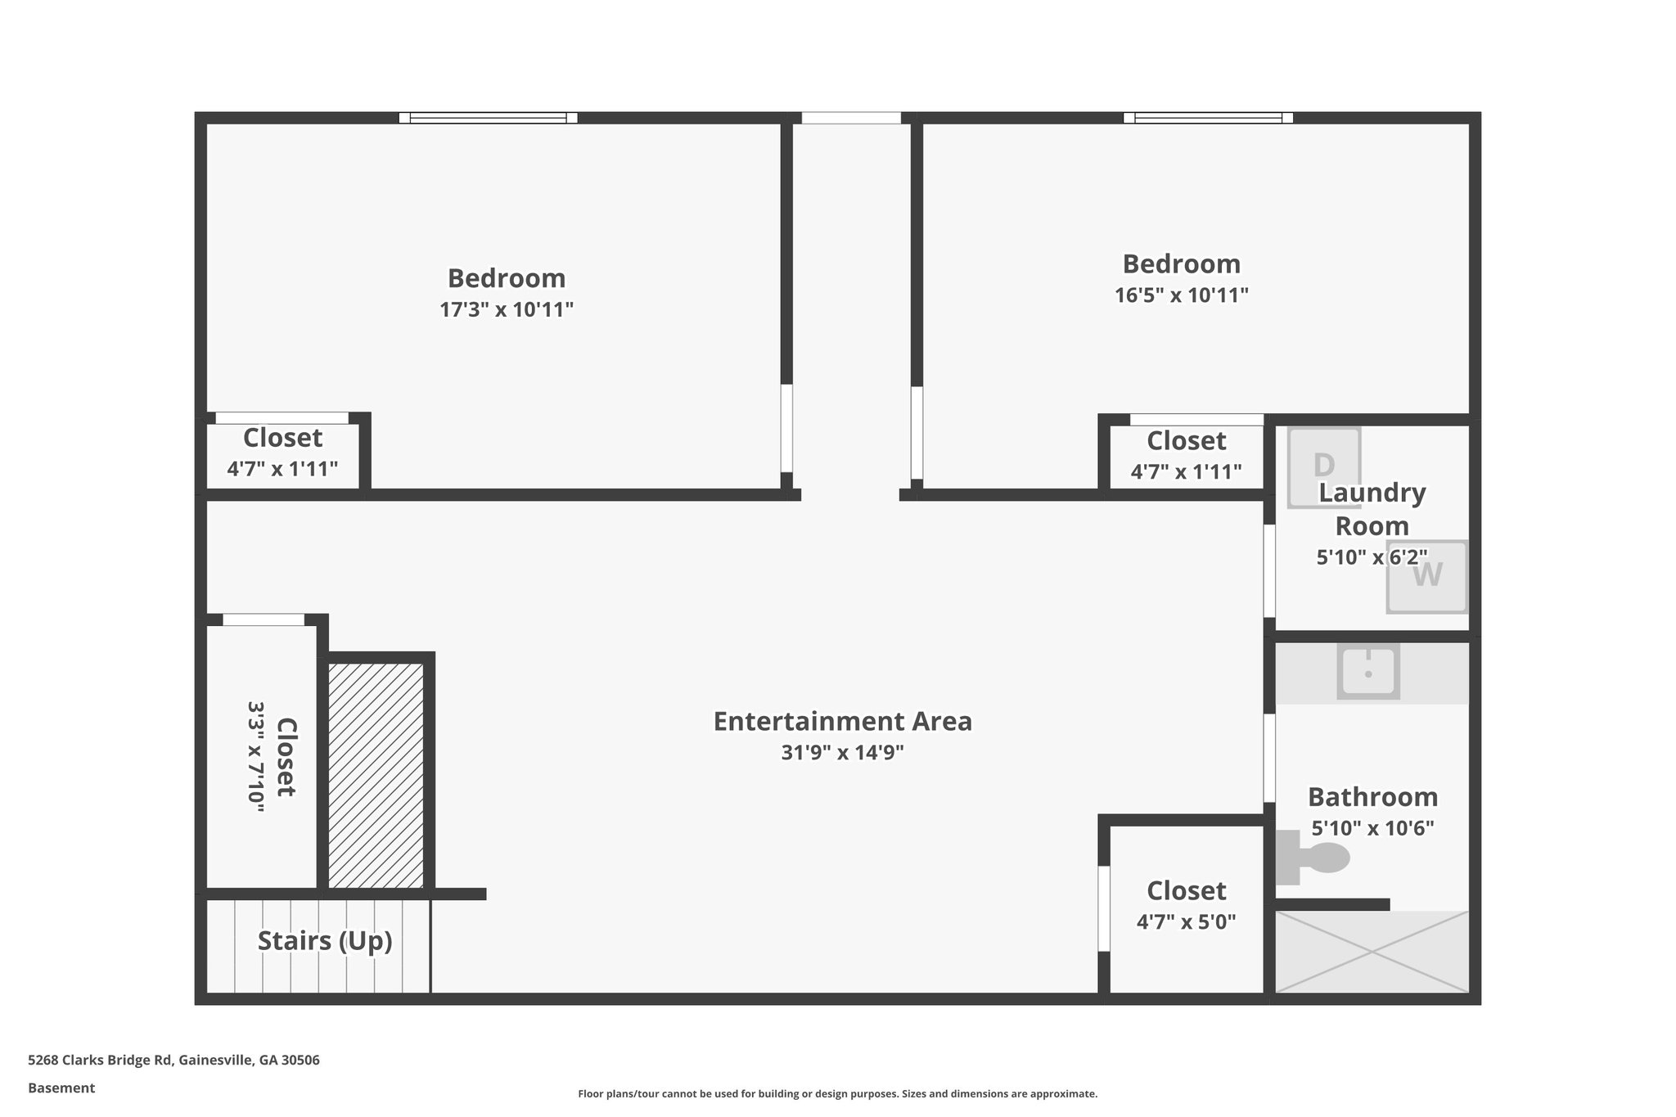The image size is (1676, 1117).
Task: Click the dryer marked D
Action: coord(1323,467)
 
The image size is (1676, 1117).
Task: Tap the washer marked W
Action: coord(1426,576)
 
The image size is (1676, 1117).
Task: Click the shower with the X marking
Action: coord(1372,952)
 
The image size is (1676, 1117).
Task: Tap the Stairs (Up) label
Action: coord(325,941)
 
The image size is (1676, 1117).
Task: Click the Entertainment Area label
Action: coord(842,722)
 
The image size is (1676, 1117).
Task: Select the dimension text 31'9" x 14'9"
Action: coord(842,753)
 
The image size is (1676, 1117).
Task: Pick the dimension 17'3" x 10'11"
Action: coord(507,310)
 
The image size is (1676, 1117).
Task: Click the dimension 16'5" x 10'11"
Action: coord(1181,295)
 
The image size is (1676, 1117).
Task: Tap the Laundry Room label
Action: coord(1372,509)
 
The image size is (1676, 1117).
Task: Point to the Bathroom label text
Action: coord(1372,797)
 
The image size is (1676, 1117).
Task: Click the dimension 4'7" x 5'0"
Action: coord(1186,922)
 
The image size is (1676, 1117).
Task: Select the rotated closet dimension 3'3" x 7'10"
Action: coord(256,756)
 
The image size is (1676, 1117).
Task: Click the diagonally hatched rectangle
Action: coord(376,775)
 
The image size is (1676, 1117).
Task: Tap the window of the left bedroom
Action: coord(488,118)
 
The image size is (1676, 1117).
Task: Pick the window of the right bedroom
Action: coord(1208,118)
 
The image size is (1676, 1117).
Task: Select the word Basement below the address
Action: coord(61,1088)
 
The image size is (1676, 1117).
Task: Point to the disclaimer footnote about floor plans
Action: coord(837,1094)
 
